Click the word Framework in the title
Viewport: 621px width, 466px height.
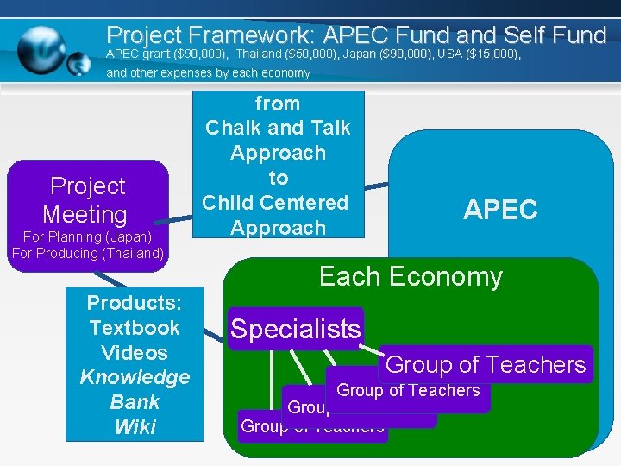tap(241, 35)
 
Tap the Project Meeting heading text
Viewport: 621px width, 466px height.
tap(86, 200)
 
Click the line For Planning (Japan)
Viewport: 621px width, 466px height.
tap(87, 236)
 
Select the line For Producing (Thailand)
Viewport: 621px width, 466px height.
tap(88, 253)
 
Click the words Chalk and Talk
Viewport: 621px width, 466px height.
tap(278, 128)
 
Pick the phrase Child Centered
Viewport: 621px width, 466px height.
tap(275, 203)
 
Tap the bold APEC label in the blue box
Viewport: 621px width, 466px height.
tap(500, 210)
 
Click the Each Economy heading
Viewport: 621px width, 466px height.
tap(411, 277)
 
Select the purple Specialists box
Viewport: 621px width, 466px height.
tap(296, 329)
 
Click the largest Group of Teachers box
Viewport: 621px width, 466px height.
tap(486, 365)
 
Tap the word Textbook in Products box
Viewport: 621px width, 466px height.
tap(135, 328)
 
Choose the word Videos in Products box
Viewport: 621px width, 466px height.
tap(134, 353)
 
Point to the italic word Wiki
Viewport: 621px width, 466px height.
tap(134, 427)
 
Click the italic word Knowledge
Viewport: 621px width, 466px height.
tap(135, 377)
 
